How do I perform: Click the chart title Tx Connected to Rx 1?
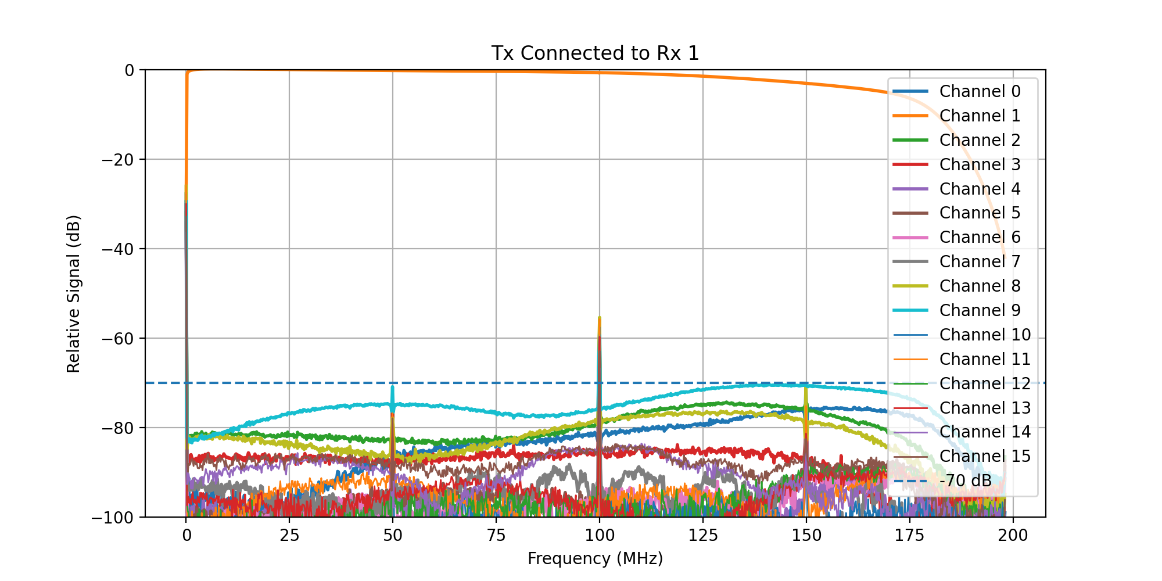click(595, 53)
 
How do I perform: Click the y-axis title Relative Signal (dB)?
click(74, 293)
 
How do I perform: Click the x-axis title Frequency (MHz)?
click(595, 559)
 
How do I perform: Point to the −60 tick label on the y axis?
click(117, 339)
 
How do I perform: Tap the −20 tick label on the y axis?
click(117, 160)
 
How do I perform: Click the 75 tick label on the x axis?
click(496, 536)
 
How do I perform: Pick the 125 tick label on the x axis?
click(703, 536)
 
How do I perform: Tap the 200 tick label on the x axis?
click(1013, 536)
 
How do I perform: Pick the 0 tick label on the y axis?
click(129, 70)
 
